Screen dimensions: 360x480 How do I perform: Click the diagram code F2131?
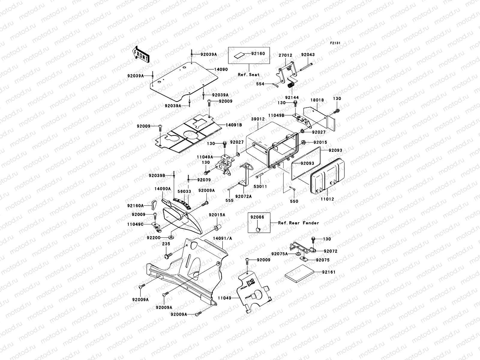click(335, 43)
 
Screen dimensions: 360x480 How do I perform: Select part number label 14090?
click(221, 69)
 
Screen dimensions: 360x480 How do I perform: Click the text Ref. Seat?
click(249, 75)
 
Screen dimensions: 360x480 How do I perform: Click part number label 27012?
click(285, 55)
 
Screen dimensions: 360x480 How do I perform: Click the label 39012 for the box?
click(258, 119)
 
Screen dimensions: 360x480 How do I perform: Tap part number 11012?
click(327, 199)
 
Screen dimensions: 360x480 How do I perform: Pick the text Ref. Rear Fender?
click(298, 223)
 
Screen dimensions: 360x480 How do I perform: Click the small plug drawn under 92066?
click(257, 229)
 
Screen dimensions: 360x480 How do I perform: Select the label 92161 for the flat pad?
click(329, 272)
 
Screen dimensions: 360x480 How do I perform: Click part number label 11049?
click(225, 299)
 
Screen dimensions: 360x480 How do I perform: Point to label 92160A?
click(136, 206)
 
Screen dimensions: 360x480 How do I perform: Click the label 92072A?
click(243, 196)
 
